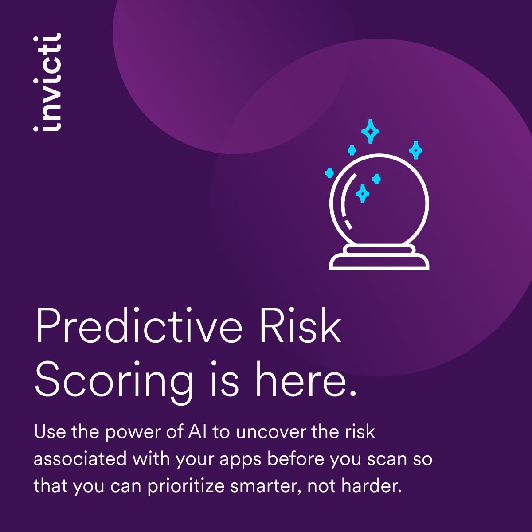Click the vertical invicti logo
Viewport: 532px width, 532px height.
pyautogui.click(x=48, y=82)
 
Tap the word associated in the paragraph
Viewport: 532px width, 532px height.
pyautogui.click(x=78, y=459)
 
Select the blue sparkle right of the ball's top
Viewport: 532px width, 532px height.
pyautogui.click(x=415, y=150)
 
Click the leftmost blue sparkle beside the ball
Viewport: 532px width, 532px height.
pyautogui.click(x=329, y=172)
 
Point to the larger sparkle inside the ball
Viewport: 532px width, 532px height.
pyautogui.click(x=363, y=193)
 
